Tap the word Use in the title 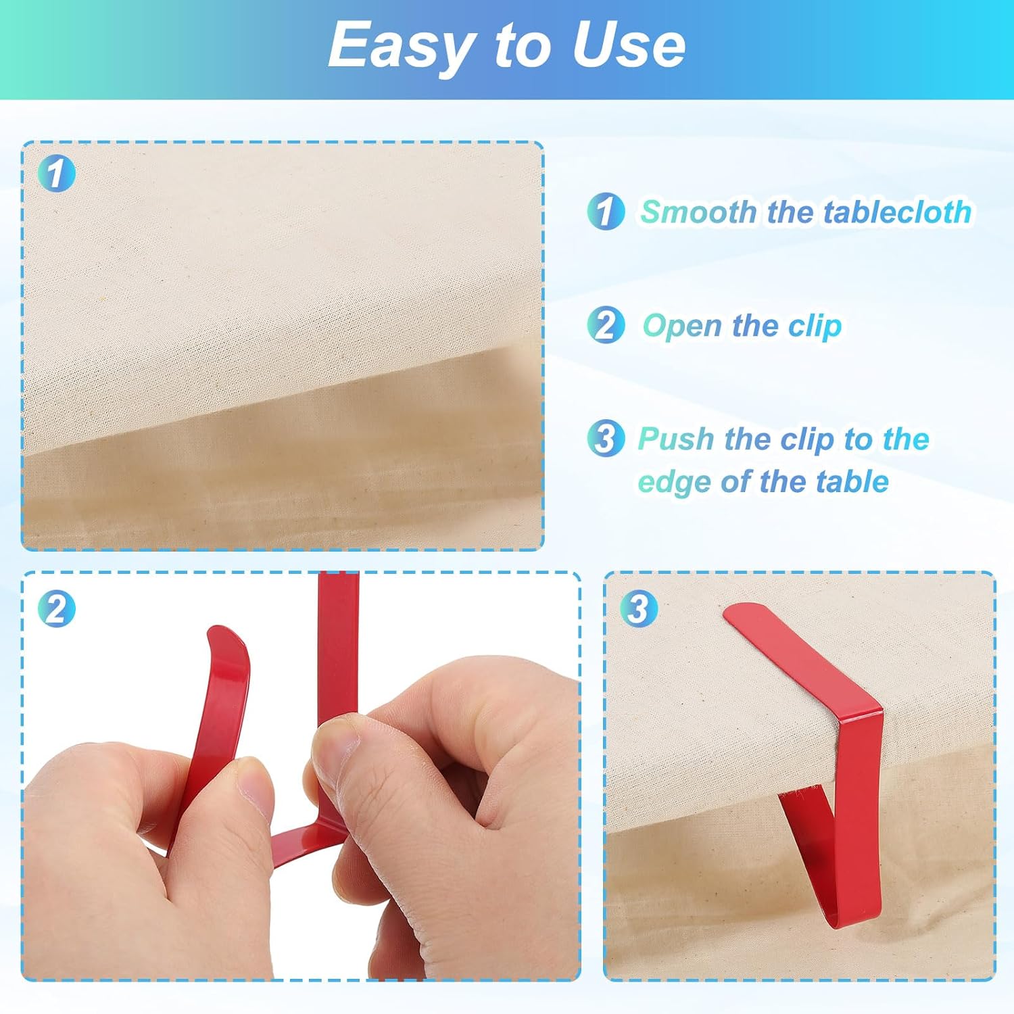pyautogui.click(x=629, y=45)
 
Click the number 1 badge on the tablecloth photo pyautogui.click(x=55, y=173)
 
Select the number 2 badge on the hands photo pyautogui.click(x=56, y=608)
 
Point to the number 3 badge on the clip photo pyautogui.click(x=638, y=608)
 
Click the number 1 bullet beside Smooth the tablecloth pyautogui.click(x=606, y=211)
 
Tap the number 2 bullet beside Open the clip pyautogui.click(x=606, y=324)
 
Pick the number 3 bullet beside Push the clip pyautogui.click(x=606, y=437)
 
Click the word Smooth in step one pyautogui.click(x=698, y=212)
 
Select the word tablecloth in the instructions pyautogui.click(x=897, y=212)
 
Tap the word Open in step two pyautogui.click(x=682, y=327)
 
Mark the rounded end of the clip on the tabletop pyautogui.click(x=747, y=617)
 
